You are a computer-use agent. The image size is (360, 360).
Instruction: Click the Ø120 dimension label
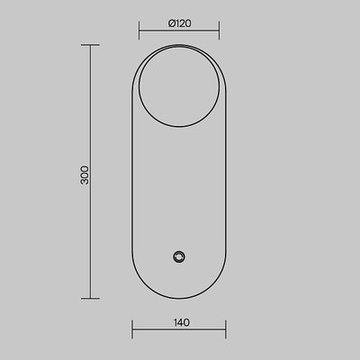click(180, 23)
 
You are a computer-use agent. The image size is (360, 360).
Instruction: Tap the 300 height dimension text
click(85, 175)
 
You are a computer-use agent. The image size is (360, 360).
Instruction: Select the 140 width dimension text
click(182, 322)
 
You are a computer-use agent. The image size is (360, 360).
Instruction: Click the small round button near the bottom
click(179, 256)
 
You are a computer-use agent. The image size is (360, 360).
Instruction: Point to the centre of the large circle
click(179, 86)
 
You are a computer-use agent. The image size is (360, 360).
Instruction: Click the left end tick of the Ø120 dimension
click(139, 31)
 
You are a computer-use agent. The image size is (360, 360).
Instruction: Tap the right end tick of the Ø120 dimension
click(220, 31)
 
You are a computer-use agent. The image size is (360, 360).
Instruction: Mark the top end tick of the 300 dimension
click(90, 45)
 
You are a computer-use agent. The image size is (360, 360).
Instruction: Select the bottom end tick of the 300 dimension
click(90, 299)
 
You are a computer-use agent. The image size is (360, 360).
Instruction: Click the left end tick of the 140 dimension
click(132, 329)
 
